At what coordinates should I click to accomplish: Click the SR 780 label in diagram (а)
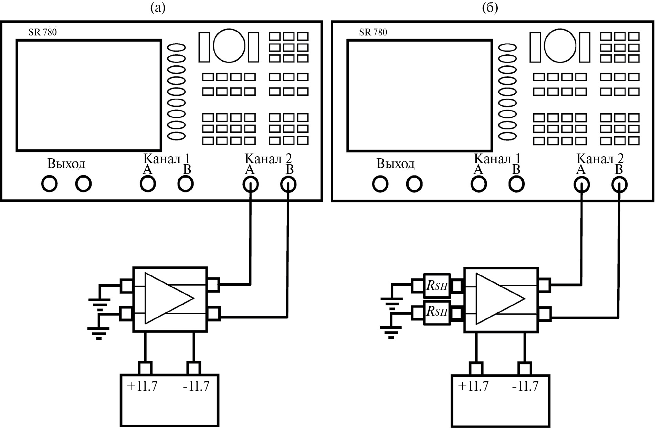[43, 32]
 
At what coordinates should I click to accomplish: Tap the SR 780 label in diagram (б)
[373, 32]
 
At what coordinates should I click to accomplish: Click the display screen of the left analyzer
[89, 95]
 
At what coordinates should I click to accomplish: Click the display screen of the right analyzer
[420, 95]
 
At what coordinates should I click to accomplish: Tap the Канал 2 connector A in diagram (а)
[251, 185]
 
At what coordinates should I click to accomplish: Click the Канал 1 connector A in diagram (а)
[148, 184]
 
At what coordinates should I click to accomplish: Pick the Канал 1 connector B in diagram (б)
[516, 184]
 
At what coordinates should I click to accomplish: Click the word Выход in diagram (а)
[66, 164]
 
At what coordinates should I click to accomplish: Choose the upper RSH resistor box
[437, 286]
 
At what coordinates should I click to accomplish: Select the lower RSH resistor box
[437, 312]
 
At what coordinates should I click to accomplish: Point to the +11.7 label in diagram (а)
[142, 386]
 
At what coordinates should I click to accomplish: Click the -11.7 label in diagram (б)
[525, 386]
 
